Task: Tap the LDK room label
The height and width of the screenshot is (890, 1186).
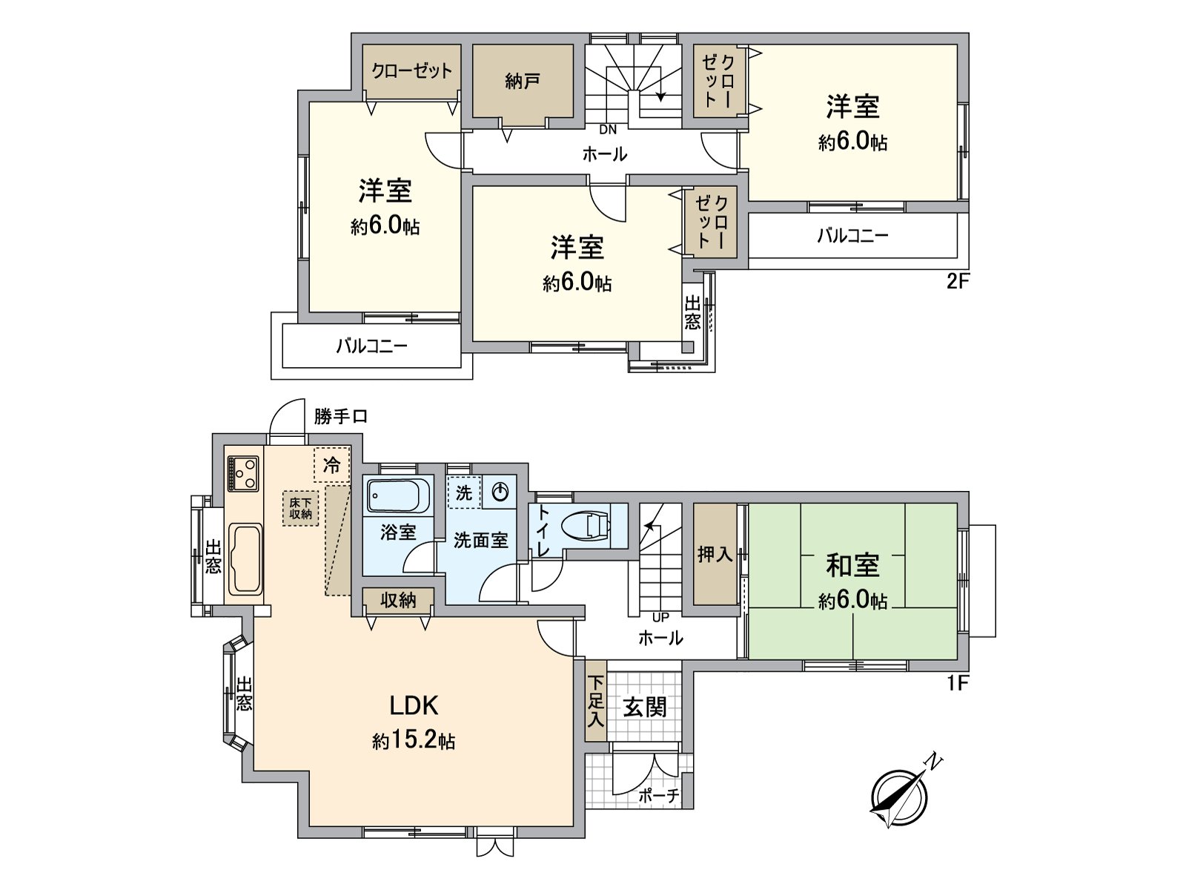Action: [x=414, y=705]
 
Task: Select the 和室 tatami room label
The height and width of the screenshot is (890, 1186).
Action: [x=852, y=565]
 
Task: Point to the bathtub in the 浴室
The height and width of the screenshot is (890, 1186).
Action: [x=399, y=496]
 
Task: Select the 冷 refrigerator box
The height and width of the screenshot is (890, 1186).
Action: [x=332, y=465]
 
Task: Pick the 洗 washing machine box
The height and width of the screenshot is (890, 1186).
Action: [x=464, y=493]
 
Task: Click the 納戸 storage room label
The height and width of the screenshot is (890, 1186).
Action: [x=522, y=81]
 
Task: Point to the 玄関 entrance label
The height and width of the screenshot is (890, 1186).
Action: [x=644, y=707]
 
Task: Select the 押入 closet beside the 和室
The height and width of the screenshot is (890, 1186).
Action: [x=715, y=553]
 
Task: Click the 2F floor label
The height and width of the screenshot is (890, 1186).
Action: [x=958, y=282]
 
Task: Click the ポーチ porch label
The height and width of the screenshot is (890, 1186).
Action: [x=659, y=796]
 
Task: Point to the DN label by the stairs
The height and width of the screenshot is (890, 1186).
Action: [x=608, y=130]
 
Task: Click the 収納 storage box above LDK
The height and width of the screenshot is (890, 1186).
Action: [x=398, y=600]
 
